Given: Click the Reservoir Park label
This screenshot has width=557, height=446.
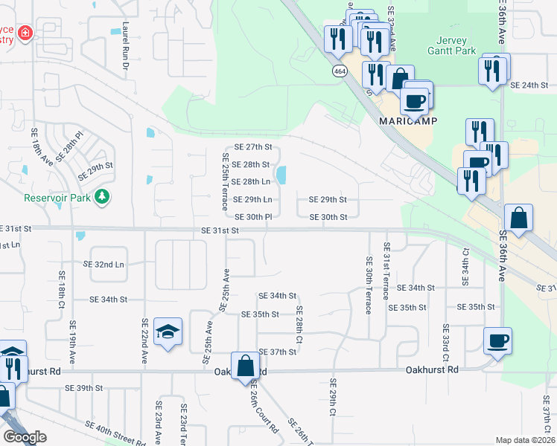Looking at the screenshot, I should [x=57, y=198].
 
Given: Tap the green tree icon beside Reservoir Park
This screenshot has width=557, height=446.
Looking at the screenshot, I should [x=101, y=198].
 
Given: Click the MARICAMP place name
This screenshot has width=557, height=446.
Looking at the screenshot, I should [x=407, y=120].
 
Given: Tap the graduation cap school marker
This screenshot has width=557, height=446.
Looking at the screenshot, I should [x=168, y=332].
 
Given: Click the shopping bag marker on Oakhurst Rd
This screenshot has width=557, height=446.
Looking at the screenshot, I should [x=245, y=366].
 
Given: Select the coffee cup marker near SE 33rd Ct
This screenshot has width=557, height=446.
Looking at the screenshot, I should [x=497, y=342].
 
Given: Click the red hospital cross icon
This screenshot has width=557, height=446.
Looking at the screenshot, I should [x=25, y=33].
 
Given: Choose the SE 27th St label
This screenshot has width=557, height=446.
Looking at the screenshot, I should [x=254, y=147].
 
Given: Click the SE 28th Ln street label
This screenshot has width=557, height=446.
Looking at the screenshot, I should [x=250, y=181].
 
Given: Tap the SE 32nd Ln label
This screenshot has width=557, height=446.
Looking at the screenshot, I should [x=104, y=264].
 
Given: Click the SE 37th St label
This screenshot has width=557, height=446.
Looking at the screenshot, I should [x=278, y=352].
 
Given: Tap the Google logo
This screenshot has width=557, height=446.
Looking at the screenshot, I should [x=25, y=437].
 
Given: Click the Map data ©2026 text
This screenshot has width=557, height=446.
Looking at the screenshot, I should [x=525, y=440].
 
